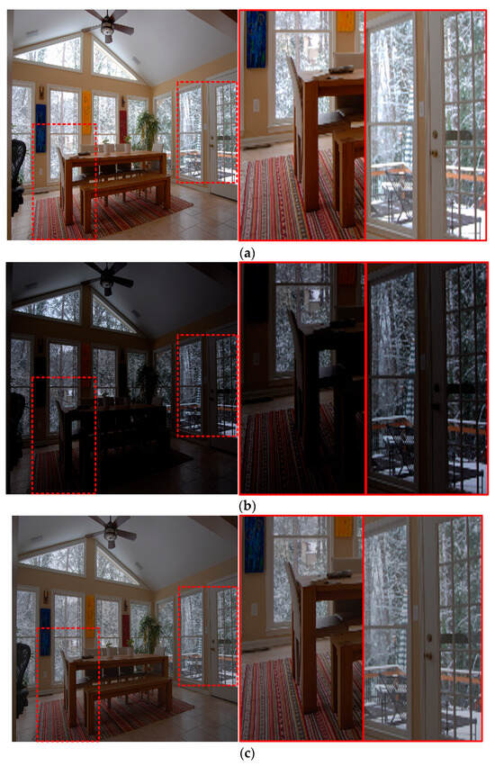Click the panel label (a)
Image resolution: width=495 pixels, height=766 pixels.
247,253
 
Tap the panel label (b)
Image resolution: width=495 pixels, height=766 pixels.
247,506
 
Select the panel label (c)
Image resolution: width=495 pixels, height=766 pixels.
247,753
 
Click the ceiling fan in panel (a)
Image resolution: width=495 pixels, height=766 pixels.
109,25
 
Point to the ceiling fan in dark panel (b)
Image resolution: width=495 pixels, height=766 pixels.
109,277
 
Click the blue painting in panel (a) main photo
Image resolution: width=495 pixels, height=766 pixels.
40,128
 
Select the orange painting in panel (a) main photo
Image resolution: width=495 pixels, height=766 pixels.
86,113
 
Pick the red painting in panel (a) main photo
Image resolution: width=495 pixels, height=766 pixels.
123,126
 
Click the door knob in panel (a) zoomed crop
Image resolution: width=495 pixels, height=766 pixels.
434,153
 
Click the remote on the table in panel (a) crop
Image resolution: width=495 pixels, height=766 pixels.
341,69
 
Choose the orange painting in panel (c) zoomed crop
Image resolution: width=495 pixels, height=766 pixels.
344,527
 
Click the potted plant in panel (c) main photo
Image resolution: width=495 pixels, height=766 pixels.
150,633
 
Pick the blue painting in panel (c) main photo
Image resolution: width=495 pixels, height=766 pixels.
45,632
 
